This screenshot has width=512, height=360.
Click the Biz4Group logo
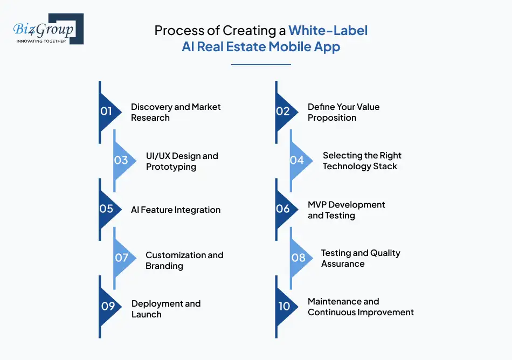(47, 29)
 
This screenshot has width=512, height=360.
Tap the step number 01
(106, 112)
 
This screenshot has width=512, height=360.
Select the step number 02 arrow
(283, 112)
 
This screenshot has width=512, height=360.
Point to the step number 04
(297, 160)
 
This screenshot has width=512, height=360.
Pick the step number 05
(106, 209)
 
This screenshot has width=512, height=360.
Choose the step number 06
(283, 209)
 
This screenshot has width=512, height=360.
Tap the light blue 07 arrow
(122, 258)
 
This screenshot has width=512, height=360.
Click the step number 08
(298, 258)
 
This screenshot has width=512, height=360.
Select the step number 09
(108, 306)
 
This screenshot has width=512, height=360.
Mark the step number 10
(284, 306)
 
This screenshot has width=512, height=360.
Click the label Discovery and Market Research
(176, 112)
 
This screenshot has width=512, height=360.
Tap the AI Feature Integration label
(176, 210)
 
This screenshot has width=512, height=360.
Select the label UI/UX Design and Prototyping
(182, 161)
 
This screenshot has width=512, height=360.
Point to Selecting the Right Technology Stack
(362, 161)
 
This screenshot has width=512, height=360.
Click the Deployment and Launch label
(165, 309)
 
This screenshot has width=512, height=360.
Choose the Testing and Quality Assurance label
(361, 258)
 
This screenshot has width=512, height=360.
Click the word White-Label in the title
(328, 30)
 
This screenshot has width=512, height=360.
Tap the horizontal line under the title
(261, 65)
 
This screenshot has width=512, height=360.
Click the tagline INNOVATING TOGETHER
(41, 41)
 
